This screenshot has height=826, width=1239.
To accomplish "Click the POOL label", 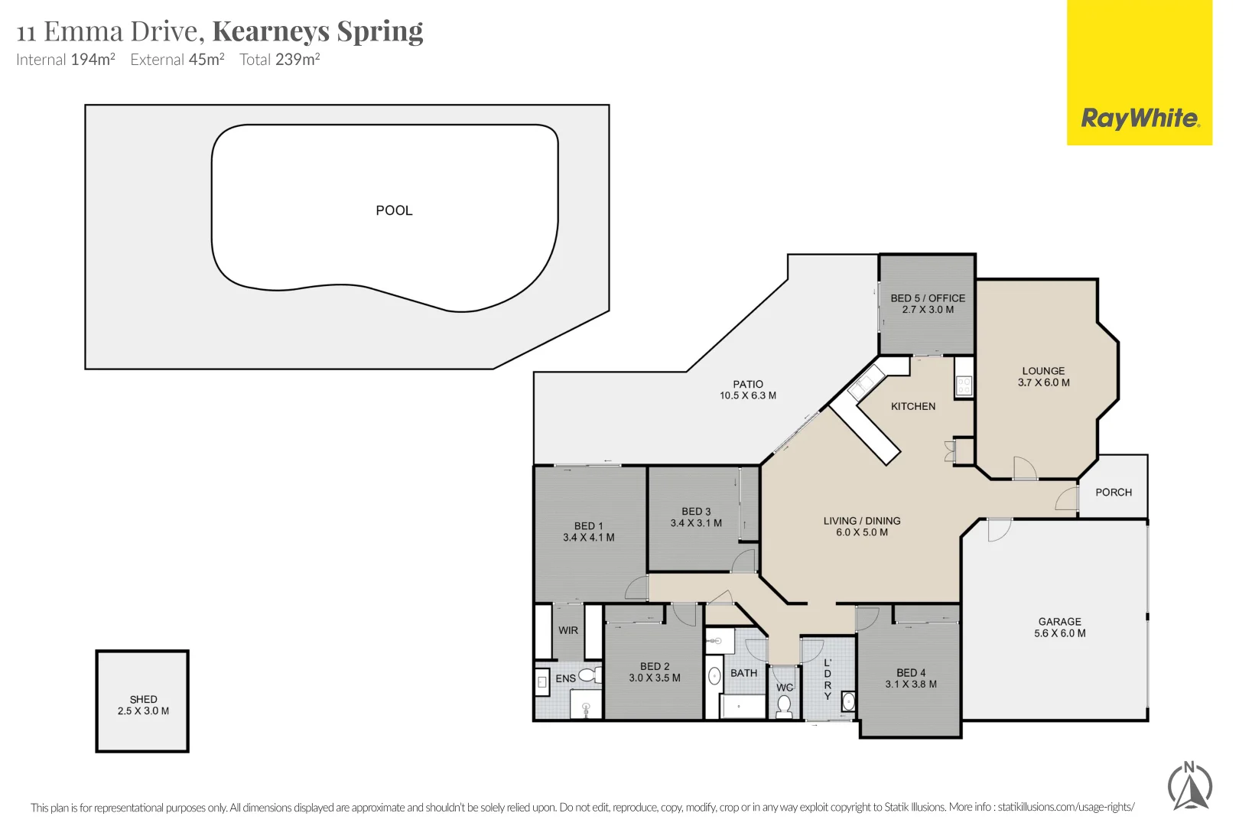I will [x=394, y=210].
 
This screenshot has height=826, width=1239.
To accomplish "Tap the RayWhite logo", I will [x=1139, y=119].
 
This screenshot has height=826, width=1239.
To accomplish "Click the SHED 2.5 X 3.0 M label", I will [x=143, y=705].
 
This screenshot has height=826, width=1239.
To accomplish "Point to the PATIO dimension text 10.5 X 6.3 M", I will [x=747, y=395].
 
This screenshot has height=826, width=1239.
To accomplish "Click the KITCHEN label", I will [x=912, y=406].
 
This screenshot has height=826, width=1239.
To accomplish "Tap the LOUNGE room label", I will [x=1042, y=371].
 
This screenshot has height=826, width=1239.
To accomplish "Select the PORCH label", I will [x=1113, y=493].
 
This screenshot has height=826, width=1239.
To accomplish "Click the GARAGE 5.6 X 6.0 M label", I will [x=1059, y=627].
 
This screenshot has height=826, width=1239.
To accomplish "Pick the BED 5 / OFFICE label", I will [x=927, y=298].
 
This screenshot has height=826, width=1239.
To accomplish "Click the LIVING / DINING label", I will [x=861, y=521].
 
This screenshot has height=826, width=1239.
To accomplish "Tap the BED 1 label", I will [x=588, y=526].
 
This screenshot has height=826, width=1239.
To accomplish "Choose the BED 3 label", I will [x=696, y=511].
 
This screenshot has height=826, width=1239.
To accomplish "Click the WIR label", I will [x=567, y=630].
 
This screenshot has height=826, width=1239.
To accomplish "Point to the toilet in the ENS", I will [x=588, y=675].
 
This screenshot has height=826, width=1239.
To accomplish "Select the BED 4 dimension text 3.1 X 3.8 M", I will [x=910, y=685].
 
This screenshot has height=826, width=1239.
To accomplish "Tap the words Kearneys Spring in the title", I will [x=317, y=31].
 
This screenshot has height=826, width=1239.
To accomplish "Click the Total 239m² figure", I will [x=279, y=60].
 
